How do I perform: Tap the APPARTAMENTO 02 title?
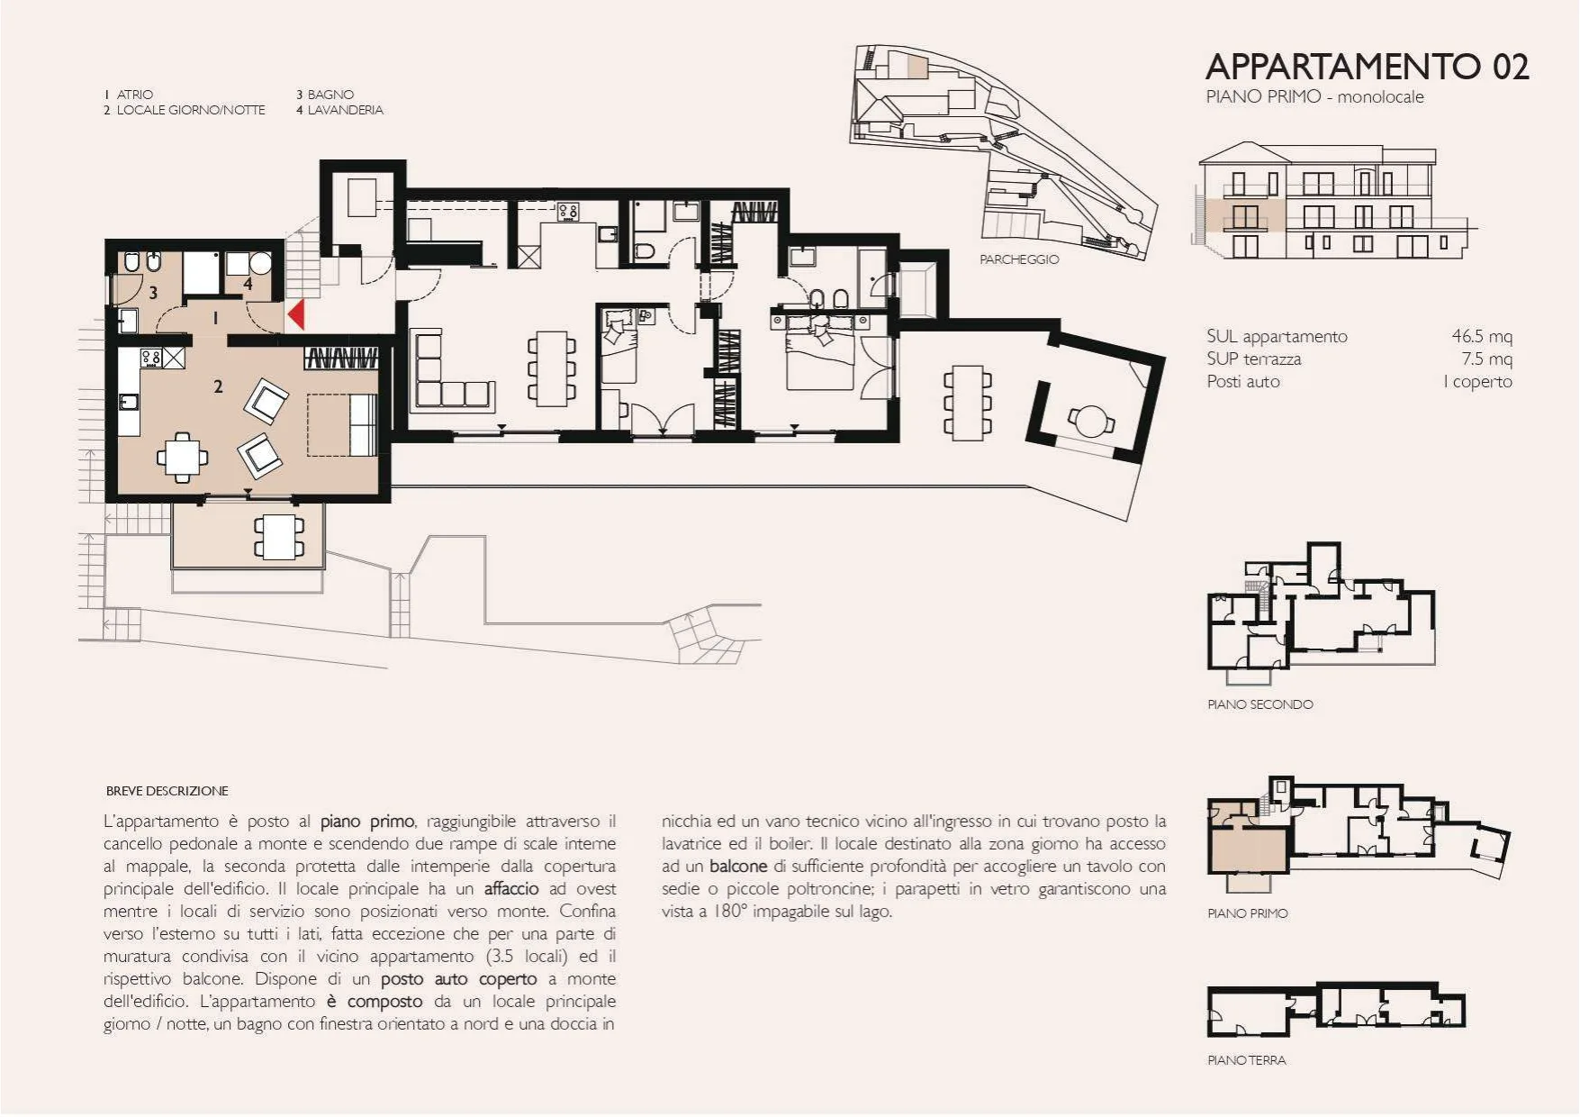(x=1367, y=67)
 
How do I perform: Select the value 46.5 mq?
(x=1482, y=336)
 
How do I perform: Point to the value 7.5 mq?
(x=1486, y=359)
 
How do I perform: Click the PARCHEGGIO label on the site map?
(x=1019, y=259)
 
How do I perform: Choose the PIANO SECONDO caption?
(x=1260, y=704)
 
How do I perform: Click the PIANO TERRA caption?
(x=1247, y=1060)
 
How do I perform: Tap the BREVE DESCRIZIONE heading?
(x=167, y=791)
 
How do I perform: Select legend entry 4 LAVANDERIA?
(x=339, y=110)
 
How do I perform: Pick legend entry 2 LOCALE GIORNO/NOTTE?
(x=184, y=110)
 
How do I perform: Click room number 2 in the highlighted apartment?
(x=218, y=386)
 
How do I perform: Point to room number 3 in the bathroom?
(x=153, y=292)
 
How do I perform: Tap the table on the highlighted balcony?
(x=279, y=536)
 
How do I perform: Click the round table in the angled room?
(x=1091, y=420)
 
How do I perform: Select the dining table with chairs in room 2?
(x=183, y=458)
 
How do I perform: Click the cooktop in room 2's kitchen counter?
(x=151, y=358)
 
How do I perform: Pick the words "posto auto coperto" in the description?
(x=458, y=979)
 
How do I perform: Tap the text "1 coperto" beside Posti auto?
(x=1477, y=381)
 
